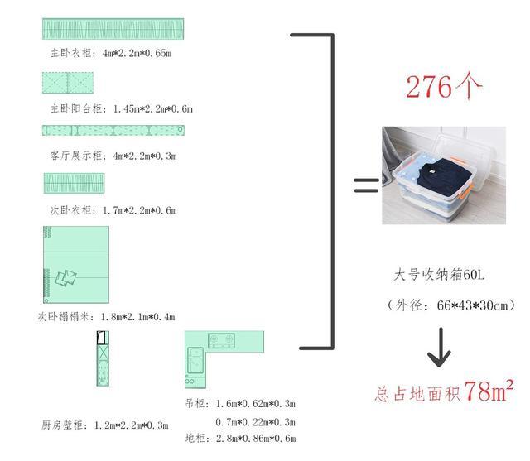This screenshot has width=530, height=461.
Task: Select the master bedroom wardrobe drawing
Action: coord(113,29)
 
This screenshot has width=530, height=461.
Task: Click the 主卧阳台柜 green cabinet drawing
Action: coord(68,84)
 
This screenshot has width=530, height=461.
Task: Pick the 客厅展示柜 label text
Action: coord(113,155)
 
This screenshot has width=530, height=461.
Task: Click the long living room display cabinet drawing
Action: coord(113,130)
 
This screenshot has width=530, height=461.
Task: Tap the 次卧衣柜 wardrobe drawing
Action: coord(73,183)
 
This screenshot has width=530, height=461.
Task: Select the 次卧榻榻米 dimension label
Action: coord(106,316)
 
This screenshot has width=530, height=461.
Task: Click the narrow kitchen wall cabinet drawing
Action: coord(103,359)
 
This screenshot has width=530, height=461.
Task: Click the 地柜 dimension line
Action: coord(240,438)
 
